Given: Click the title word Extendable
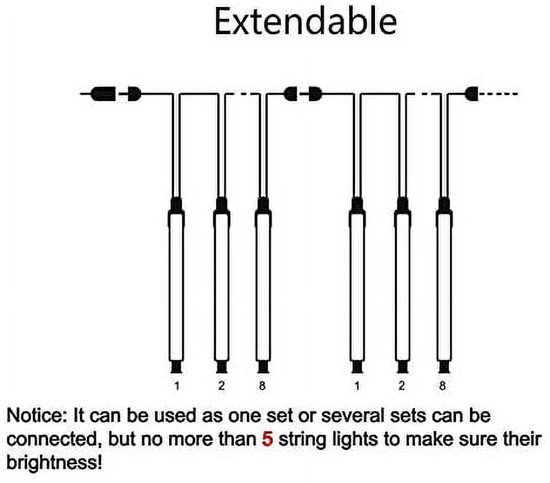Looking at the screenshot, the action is tap(306, 22).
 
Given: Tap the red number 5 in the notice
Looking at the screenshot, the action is tap(267, 440).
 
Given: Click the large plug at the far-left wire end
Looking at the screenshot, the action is tap(103, 93).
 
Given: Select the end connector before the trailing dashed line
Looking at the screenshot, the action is tap(472, 93).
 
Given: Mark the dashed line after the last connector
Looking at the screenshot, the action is tap(498, 93).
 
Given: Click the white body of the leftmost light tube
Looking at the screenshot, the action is tap(176, 287).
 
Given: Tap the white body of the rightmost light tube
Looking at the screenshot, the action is tap(444, 287).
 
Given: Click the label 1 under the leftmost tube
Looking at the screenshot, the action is tap(177, 386).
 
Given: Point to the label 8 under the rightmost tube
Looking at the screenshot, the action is tap(442, 386).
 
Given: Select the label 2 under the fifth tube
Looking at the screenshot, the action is tap(401, 386).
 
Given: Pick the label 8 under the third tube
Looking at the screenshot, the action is tap(262, 386).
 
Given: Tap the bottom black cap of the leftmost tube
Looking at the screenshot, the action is tap(176, 367).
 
